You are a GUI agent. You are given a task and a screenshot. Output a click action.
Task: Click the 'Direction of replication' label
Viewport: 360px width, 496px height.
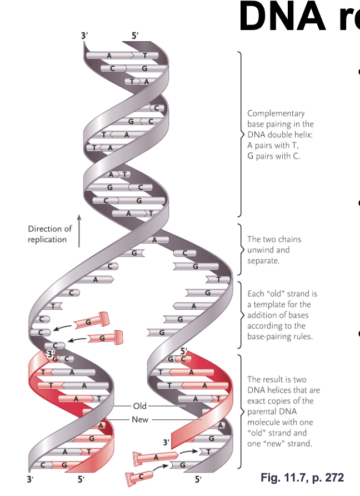tap(49, 234)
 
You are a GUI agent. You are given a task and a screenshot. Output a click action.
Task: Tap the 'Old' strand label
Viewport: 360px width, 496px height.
tap(140, 406)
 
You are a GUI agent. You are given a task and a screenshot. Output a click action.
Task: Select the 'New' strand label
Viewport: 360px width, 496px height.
tap(140, 419)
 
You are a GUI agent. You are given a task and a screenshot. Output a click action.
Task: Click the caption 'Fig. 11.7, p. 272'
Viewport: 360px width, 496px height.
tap(302, 478)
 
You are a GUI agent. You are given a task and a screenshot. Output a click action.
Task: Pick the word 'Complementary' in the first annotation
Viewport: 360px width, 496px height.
tap(276, 113)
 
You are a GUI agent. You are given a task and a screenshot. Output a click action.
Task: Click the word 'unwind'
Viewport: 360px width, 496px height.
tap(261, 250)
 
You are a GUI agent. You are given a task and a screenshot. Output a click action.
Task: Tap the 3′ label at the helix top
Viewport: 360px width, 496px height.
tap(84, 36)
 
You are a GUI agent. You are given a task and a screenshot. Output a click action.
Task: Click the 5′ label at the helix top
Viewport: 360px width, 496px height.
tap(135, 36)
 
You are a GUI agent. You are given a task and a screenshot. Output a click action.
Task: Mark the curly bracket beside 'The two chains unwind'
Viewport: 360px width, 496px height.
tap(240, 250)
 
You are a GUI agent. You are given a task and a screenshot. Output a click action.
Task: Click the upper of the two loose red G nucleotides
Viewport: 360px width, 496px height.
tap(91, 320)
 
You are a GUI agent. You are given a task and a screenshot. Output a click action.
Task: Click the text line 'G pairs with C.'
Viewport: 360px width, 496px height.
tap(273, 156)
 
